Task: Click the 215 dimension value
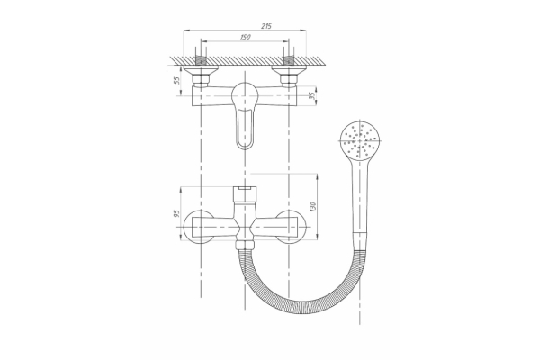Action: coord(266,26)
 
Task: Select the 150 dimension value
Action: coord(245,37)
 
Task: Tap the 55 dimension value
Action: coord(176,80)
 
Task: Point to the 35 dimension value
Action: coord(312,95)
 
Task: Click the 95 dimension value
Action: coord(176,213)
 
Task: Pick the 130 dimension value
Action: coord(312,207)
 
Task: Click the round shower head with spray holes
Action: coord(360,140)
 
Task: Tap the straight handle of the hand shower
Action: coord(360,196)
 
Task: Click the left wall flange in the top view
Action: coord(201,70)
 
